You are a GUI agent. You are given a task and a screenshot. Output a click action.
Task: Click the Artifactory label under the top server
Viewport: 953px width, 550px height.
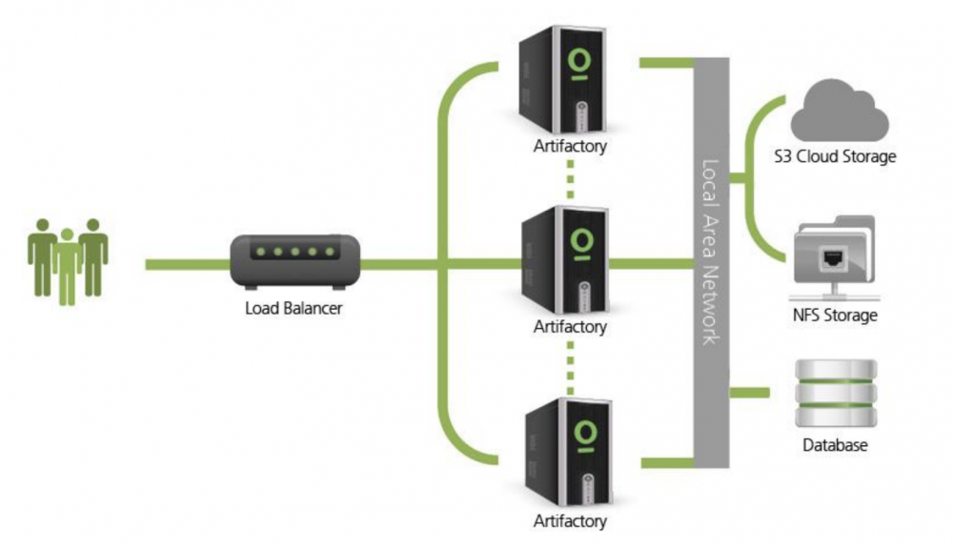click(x=570, y=147)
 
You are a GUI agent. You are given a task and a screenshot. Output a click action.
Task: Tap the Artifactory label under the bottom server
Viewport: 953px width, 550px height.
click(x=570, y=520)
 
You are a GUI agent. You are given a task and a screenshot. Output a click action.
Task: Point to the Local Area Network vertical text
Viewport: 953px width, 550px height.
click(x=709, y=250)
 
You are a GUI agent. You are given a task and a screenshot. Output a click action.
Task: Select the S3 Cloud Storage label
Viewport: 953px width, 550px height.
click(x=836, y=156)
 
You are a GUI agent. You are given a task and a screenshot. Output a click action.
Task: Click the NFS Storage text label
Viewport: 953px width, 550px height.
click(x=835, y=314)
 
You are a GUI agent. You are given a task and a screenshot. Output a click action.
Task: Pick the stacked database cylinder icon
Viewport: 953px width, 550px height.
click(x=834, y=392)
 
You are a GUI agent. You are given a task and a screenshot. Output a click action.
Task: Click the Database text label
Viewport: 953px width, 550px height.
click(x=835, y=445)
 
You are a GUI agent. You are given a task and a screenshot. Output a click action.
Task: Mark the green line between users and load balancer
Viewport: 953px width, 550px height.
click(x=187, y=262)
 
